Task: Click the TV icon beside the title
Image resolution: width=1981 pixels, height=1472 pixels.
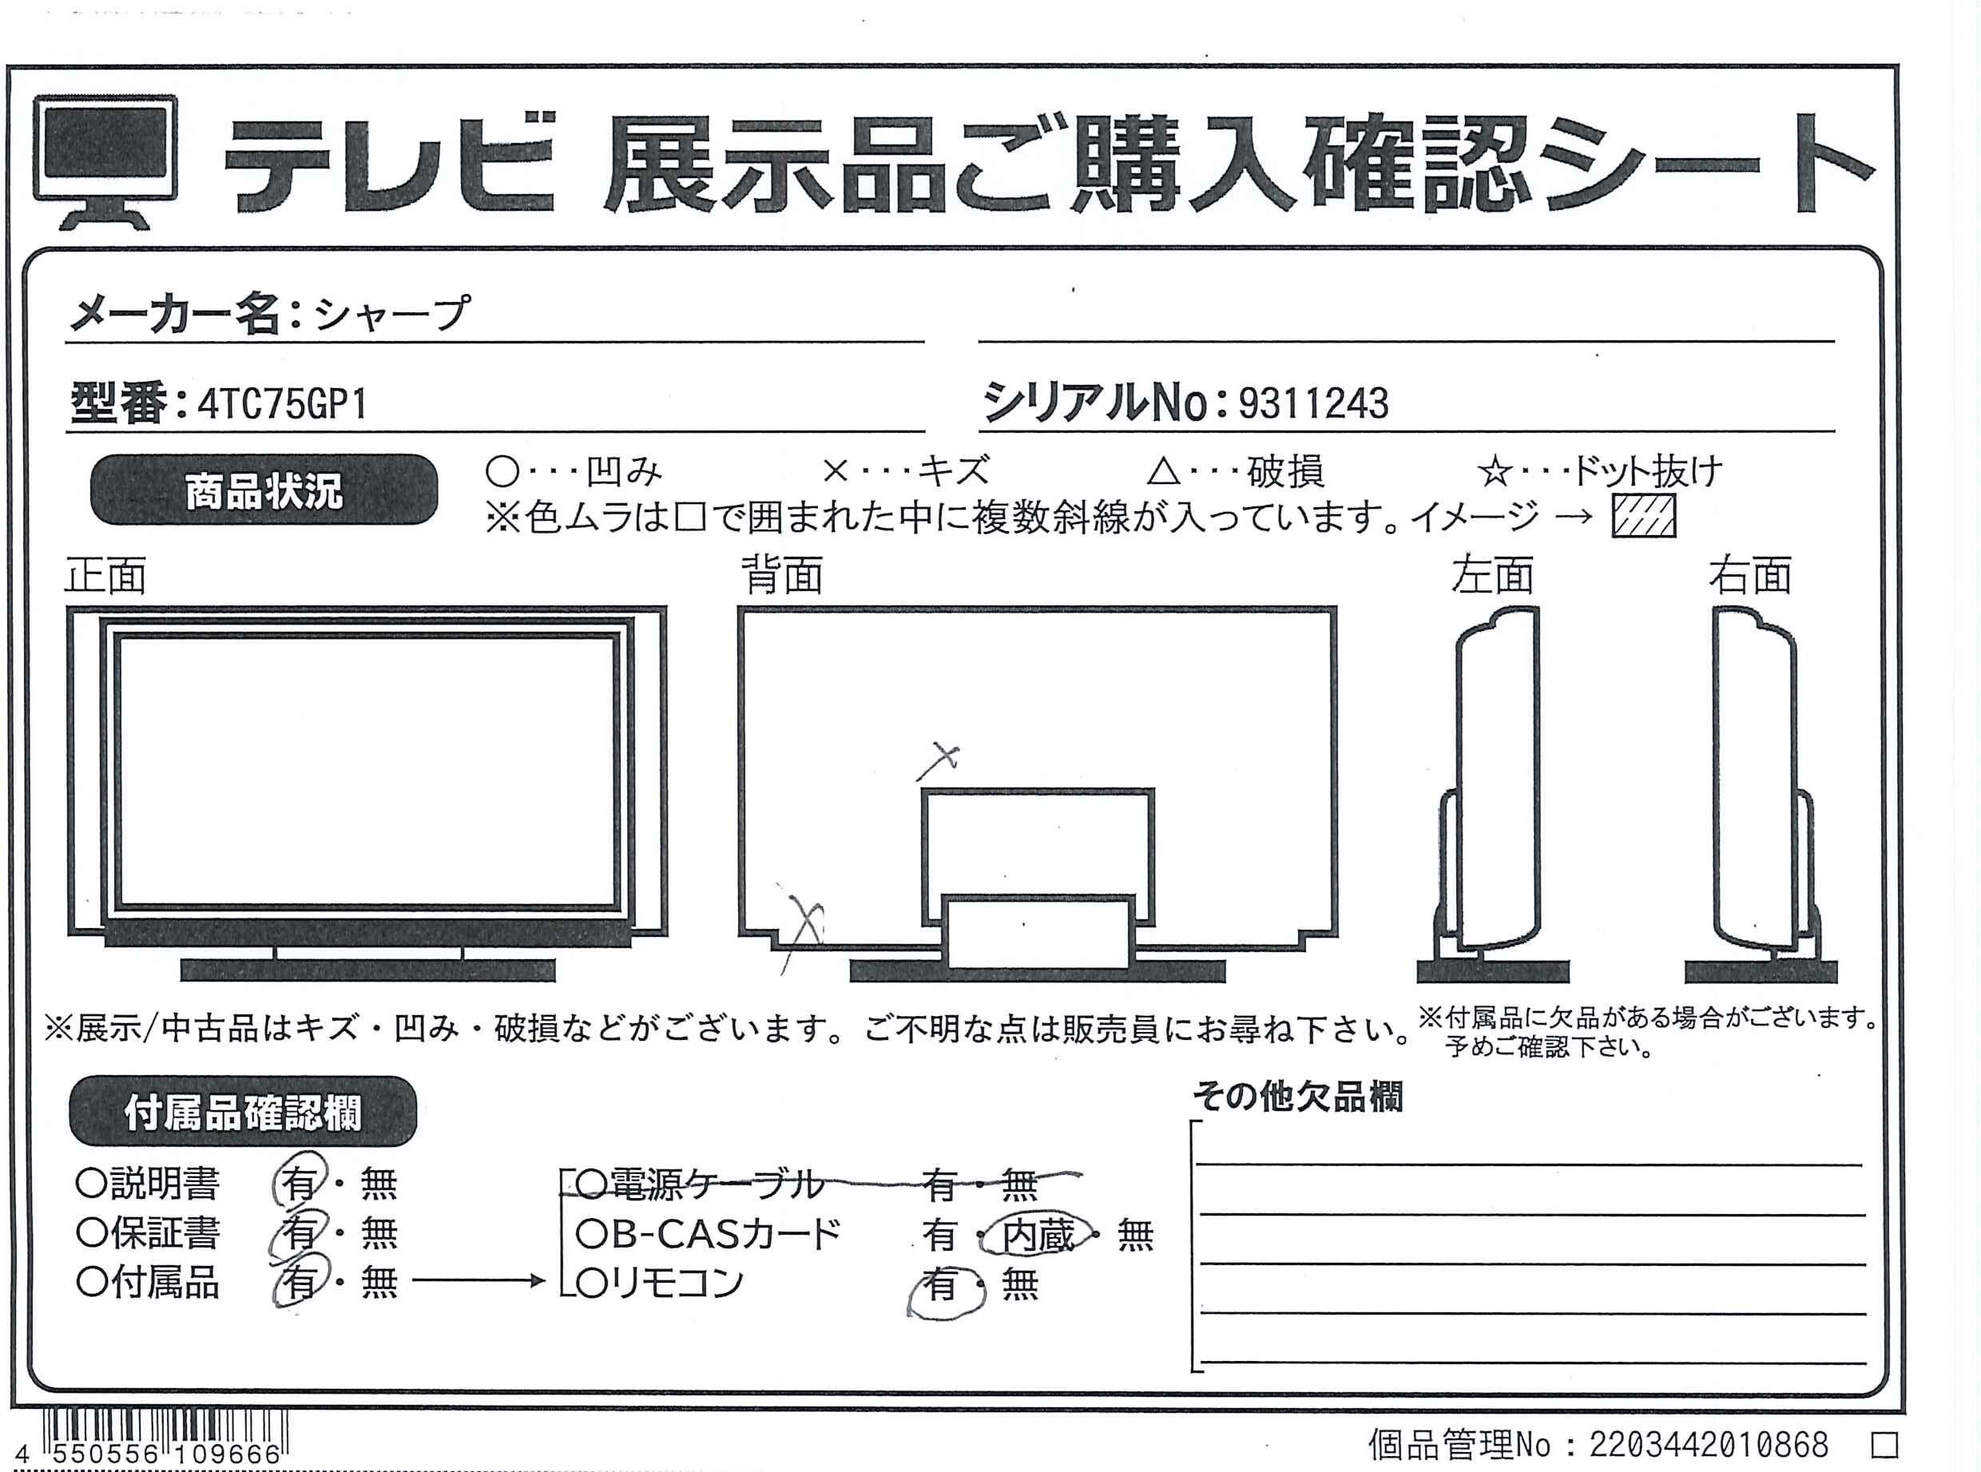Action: [105, 161]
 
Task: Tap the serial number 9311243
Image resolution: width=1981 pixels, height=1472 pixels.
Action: [1312, 403]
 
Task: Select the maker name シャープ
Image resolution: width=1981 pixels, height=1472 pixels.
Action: [391, 313]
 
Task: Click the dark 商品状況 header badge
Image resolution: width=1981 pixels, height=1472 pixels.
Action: [264, 490]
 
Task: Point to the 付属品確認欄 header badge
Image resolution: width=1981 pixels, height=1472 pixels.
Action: [242, 1112]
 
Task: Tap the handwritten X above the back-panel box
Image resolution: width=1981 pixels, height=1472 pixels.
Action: [940, 761]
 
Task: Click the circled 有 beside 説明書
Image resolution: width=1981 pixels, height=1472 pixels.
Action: [300, 1180]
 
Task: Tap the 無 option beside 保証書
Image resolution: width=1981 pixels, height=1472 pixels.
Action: [379, 1233]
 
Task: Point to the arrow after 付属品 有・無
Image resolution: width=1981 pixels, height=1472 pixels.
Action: [478, 1281]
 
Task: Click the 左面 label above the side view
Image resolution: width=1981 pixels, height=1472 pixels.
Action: [1492, 575]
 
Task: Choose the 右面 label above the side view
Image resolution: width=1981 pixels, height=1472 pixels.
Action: [1749, 575]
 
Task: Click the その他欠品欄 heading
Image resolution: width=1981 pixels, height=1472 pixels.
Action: [1298, 1097]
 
